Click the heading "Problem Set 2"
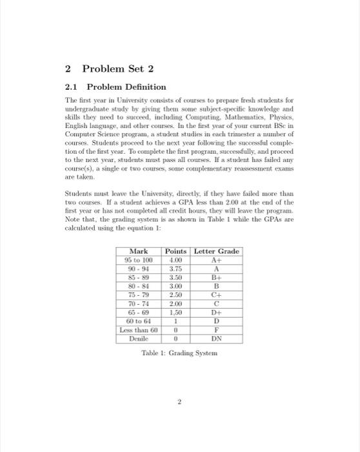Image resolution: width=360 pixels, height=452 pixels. (110, 68)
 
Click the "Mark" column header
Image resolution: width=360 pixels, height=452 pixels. (139, 251)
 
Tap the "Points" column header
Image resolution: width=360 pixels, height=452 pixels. (176, 251)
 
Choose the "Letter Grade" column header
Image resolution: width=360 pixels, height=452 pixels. (217, 251)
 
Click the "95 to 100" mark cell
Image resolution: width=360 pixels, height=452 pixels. (139, 260)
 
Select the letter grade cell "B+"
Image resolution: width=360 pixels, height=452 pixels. (217, 278)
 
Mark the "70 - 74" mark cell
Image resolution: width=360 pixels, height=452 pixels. (139, 304)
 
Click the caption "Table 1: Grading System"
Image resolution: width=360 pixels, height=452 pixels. (180, 353)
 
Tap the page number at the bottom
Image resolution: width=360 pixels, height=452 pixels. (180, 402)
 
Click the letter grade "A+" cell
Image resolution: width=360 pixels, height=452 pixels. (217, 260)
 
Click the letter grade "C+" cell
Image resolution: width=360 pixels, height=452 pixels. (217, 295)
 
